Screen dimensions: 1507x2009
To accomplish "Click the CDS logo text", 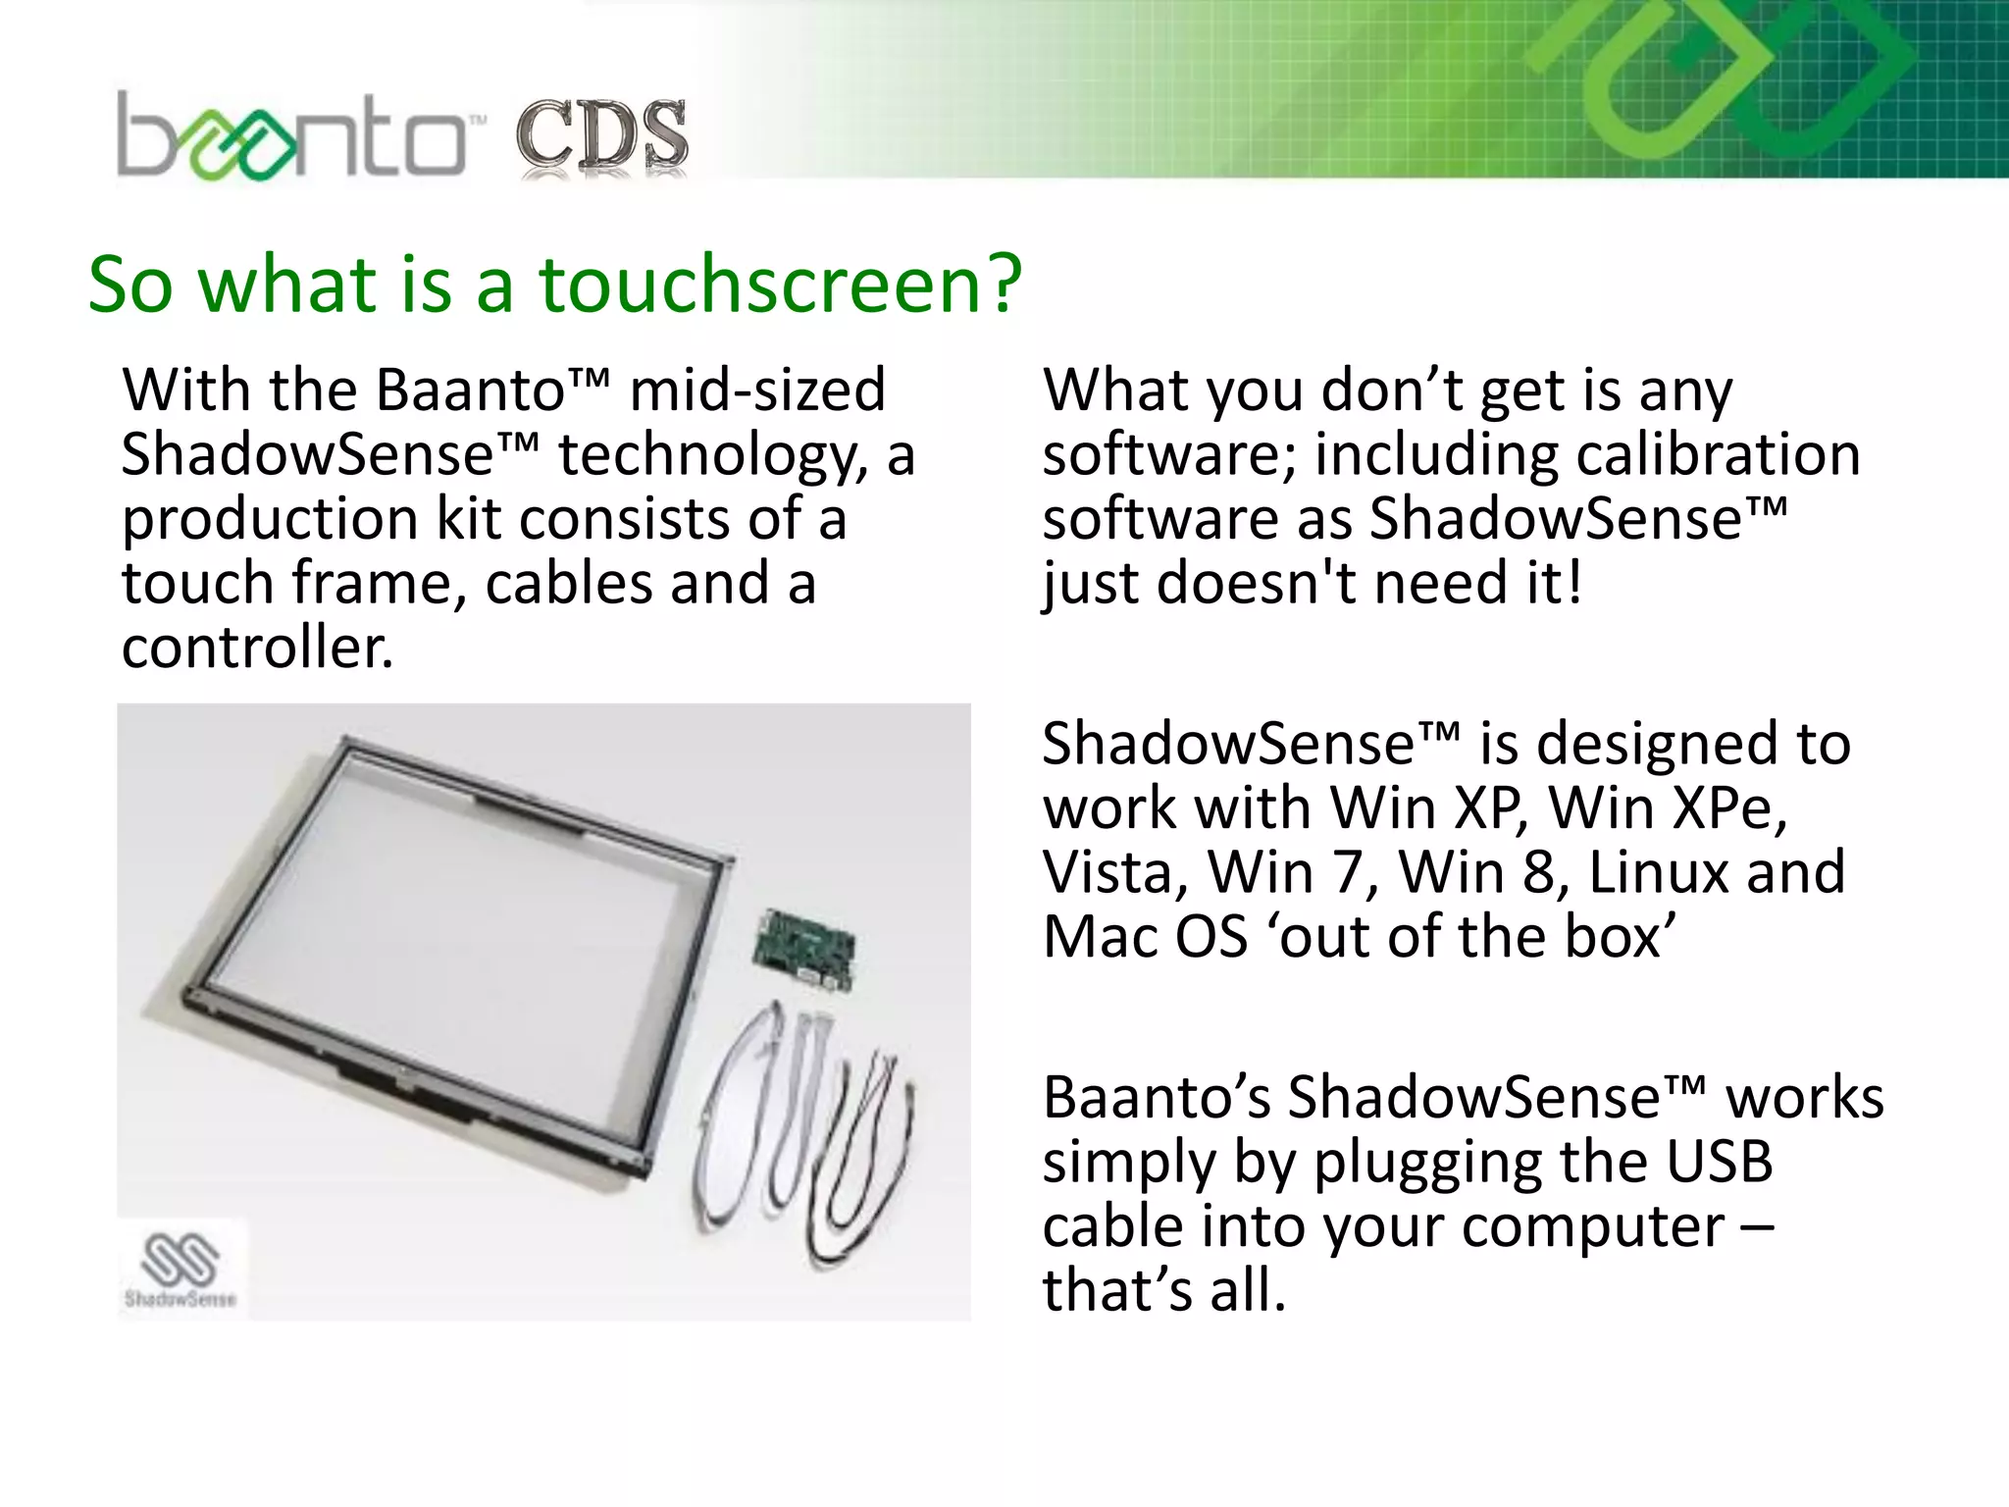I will coord(601,137).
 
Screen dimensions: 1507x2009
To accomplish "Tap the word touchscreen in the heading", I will coord(781,285).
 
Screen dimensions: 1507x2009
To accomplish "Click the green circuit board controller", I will coord(803,950).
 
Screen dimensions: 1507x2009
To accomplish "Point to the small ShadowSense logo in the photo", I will coord(180,1270).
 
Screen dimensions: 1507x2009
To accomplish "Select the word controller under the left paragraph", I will coord(257,648).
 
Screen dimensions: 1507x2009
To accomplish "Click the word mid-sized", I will coord(757,390).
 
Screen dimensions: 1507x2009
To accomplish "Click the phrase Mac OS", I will coord(1145,937).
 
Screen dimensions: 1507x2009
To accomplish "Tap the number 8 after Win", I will coord(1537,872).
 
